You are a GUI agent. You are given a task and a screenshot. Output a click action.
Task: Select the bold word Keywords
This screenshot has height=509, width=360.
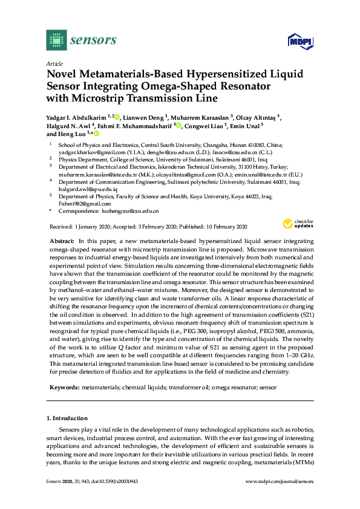click(64, 385)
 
